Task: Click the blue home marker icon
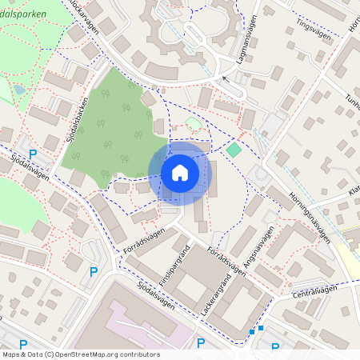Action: click(x=179, y=173)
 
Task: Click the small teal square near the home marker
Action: click(x=233, y=150)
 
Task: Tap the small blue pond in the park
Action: click(x=19, y=90)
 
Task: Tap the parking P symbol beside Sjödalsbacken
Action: click(x=33, y=154)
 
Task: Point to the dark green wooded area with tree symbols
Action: click(x=116, y=128)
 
